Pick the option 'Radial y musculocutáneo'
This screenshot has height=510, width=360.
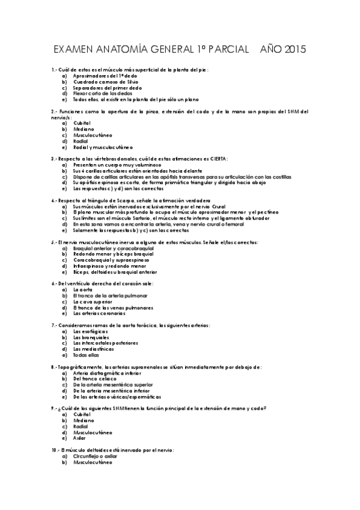(x=103, y=147)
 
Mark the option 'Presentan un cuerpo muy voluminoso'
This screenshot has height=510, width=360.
(x=117, y=165)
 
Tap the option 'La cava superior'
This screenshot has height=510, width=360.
(x=93, y=301)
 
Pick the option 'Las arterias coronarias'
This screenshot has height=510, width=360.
(x=99, y=313)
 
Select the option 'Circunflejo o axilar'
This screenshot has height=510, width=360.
(x=99, y=456)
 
